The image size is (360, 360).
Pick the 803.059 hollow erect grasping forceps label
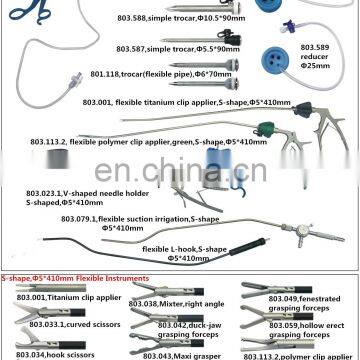tap(300, 326)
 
